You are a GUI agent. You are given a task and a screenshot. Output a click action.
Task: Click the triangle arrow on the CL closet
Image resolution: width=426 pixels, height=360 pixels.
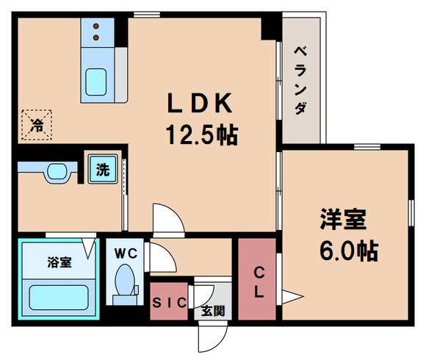[292, 298]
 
